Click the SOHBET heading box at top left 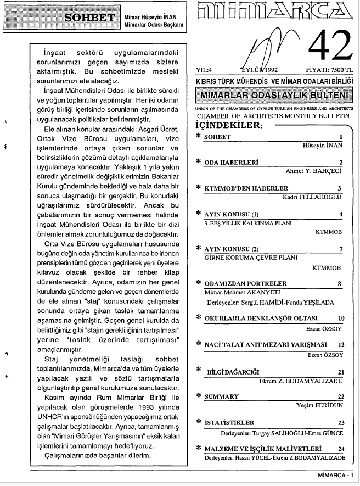87,16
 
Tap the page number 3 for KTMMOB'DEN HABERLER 340,188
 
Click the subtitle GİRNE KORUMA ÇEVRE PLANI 242,257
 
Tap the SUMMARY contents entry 221,396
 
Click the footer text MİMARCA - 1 335,475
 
